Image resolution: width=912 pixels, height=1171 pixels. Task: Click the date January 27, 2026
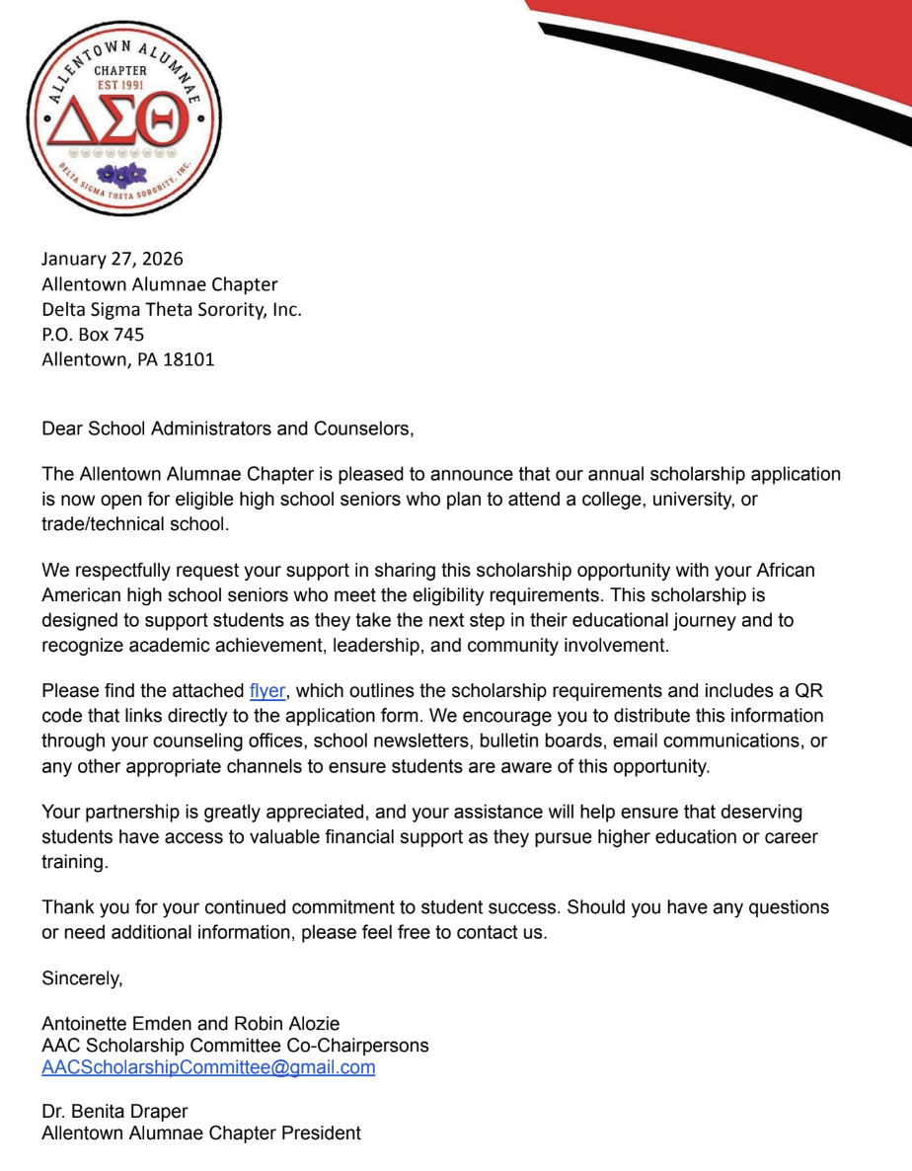point(113,259)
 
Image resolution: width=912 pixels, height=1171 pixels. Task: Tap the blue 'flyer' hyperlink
point(267,691)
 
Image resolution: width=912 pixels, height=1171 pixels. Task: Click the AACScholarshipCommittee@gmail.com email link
point(208,1067)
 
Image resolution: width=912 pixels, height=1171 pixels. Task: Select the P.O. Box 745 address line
point(93,335)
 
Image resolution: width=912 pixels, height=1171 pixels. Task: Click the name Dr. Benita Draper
point(114,1112)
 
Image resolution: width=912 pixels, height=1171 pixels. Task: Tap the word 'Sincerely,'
point(82,979)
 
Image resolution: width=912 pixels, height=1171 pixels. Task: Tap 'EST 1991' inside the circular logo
point(119,85)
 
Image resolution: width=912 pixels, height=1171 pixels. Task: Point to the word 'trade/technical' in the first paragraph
point(99,523)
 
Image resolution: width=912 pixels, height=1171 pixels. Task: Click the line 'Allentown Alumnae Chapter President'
point(201,1133)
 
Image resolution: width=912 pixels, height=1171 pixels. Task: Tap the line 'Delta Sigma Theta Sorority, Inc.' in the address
point(172,309)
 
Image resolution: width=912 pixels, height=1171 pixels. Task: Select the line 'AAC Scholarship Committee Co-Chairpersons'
point(235,1046)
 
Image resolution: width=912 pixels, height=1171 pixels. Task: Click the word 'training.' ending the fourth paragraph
point(74,861)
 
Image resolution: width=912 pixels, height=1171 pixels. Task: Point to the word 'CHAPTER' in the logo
point(119,70)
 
